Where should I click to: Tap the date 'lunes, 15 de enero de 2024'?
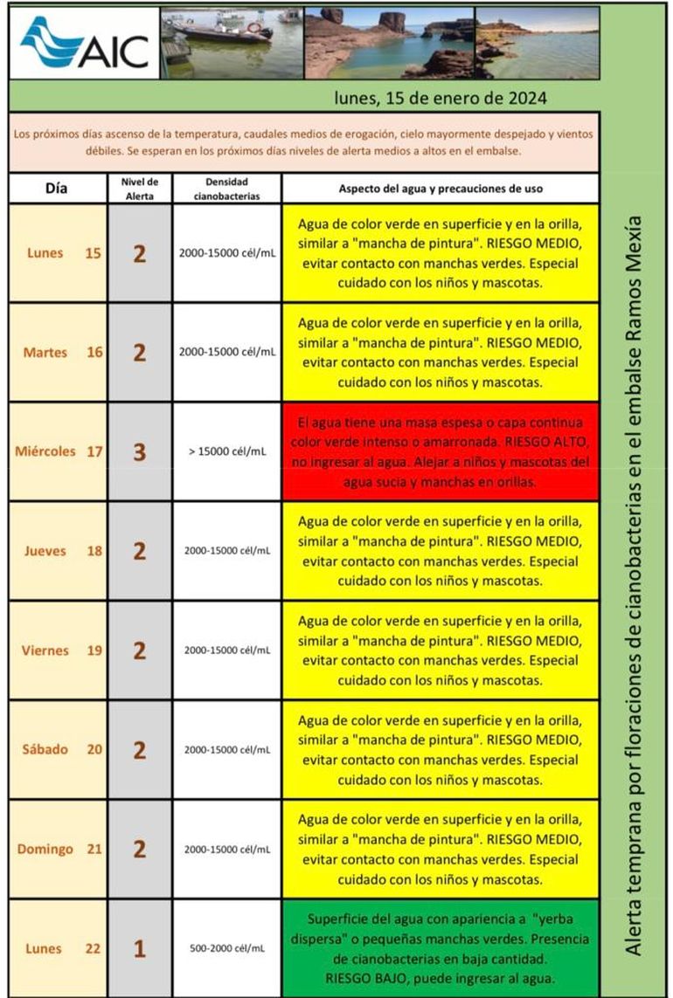pyautogui.click(x=441, y=98)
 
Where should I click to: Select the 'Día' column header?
pyautogui.click(x=59, y=187)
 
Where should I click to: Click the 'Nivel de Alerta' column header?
pyautogui.click(x=140, y=188)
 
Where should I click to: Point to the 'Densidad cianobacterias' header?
pyautogui.click(x=226, y=188)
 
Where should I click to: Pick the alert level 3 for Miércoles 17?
pyautogui.click(x=140, y=451)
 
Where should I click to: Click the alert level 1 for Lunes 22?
pyautogui.click(x=140, y=948)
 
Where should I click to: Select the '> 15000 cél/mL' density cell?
pyautogui.click(x=226, y=451)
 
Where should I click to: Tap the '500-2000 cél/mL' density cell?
pyautogui.click(x=226, y=948)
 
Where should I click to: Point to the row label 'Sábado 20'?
pyautogui.click(x=59, y=750)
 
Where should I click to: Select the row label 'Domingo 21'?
pyautogui.click(x=59, y=849)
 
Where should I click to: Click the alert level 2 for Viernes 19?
pyautogui.click(x=140, y=650)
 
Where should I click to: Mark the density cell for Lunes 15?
pyautogui.click(x=226, y=254)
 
